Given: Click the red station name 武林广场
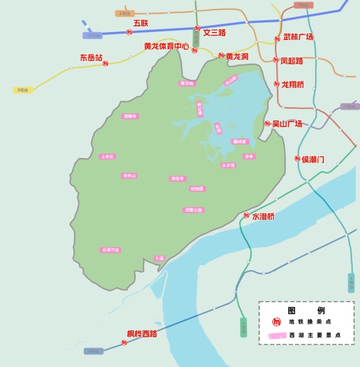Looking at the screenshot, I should tap(298, 37).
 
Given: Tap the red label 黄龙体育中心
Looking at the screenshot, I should tap(166, 46).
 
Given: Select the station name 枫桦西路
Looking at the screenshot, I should tap(142, 334).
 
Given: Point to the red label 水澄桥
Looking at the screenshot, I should tap(263, 216).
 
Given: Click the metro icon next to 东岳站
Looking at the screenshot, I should tap(105, 64).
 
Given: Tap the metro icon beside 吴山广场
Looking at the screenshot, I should tap(267, 124).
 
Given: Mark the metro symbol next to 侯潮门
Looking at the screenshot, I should tap(298, 159).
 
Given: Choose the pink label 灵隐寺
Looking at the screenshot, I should tap(130, 116).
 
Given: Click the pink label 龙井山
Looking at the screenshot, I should tap(129, 176).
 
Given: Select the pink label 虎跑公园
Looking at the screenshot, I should tap(193, 210).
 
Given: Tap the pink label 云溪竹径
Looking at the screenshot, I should tap(111, 250).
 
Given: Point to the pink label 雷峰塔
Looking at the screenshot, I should tap(240, 141).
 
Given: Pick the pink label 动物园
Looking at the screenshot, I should tap(197, 189).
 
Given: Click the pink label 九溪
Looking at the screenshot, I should tap(159, 259).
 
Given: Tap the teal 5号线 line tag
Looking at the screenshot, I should tap(351, 282).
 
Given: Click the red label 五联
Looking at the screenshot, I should tap(140, 23).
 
